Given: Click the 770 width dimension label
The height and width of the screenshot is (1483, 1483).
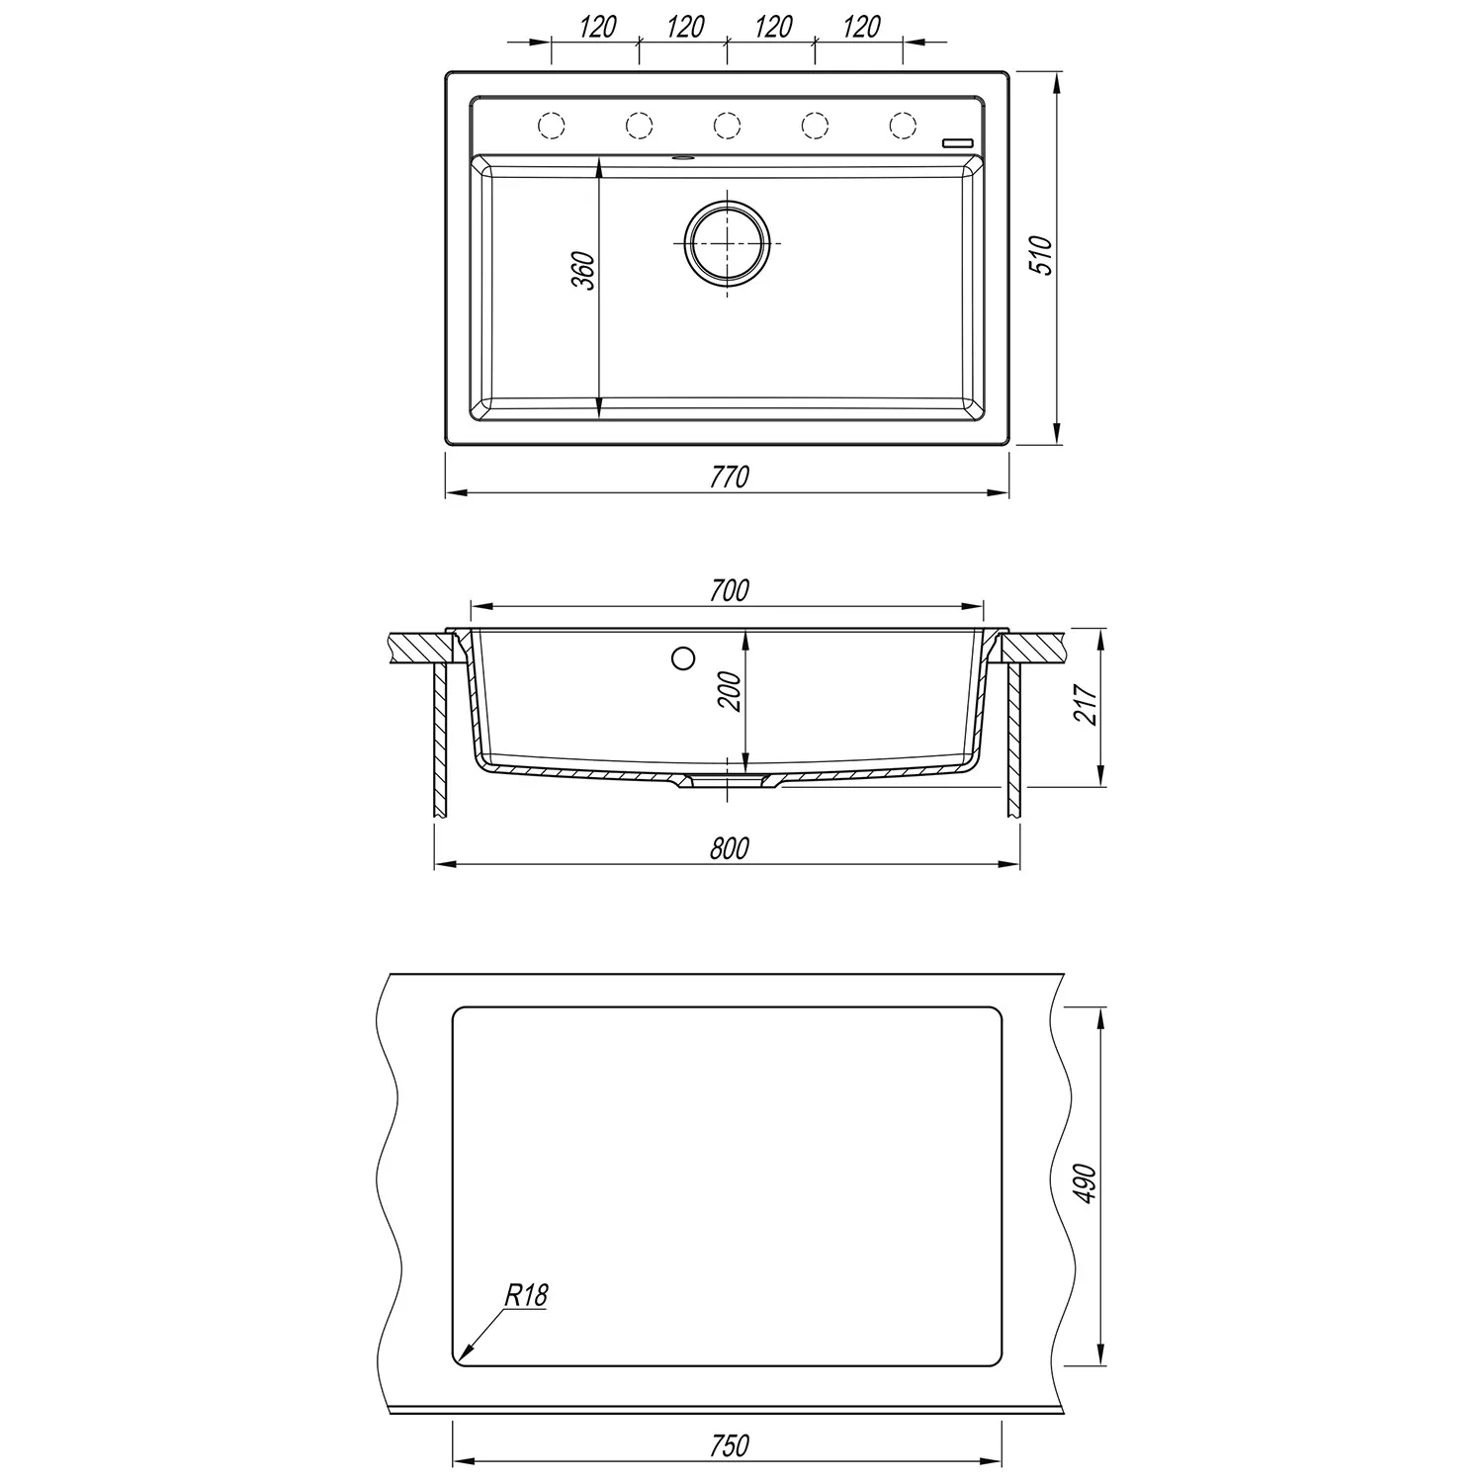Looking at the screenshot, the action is tap(730, 477).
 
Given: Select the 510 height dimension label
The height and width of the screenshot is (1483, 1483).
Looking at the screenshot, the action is tap(1044, 256).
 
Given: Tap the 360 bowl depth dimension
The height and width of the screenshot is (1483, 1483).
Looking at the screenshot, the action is tap(584, 271).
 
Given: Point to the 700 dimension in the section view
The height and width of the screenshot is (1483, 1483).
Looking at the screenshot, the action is tap(730, 590).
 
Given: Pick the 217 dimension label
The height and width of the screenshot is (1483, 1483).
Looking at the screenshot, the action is tap(1087, 705).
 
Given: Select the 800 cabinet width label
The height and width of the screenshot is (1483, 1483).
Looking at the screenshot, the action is tap(730, 848).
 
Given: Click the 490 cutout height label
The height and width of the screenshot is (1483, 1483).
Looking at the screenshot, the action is tap(1087, 1182).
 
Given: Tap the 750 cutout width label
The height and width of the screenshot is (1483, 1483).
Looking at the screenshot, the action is tap(730, 1445).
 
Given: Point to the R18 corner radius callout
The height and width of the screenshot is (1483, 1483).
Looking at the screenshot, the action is tap(525, 1295).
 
